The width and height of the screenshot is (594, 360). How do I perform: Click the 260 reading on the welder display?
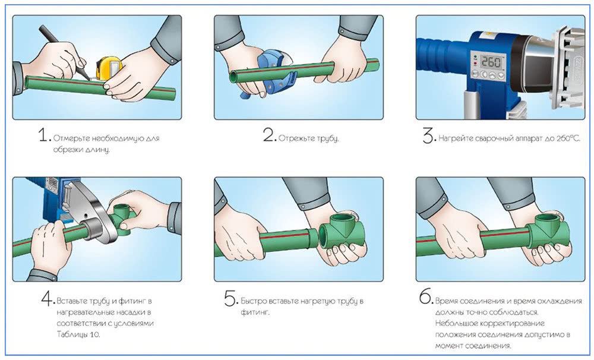click(491, 61)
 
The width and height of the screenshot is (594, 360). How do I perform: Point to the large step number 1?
click(45, 135)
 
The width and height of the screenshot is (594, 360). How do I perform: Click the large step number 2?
click(269, 135)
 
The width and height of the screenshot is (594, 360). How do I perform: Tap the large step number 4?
click(48, 299)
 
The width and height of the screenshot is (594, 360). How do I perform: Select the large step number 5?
click(230, 299)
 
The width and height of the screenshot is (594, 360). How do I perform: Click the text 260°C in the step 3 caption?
click(568, 138)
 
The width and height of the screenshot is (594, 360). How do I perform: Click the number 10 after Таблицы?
click(94, 334)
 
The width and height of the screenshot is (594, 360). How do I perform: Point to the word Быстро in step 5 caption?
click(254, 302)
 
